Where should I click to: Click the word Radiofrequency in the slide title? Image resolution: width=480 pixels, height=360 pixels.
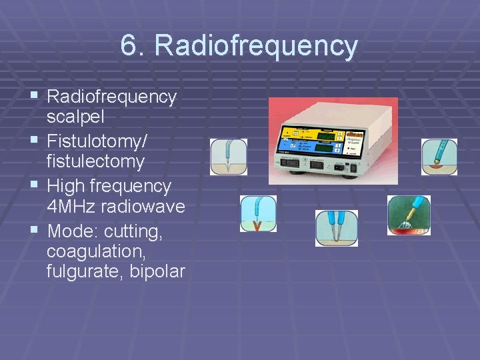pyautogui.click(x=256, y=46)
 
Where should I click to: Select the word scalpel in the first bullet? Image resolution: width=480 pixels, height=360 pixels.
pyautogui.click(x=75, y=117)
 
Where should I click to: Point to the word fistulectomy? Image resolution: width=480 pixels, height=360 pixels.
pyautogui.click(x=95, y=162)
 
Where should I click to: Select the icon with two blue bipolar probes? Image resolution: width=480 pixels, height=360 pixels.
pyautogui.click(x=337, y=228)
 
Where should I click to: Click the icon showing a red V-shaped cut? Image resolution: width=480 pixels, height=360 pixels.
pyautogui.click(x=258, y=214)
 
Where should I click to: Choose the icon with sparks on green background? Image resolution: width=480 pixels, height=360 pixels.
pyautogui.click(x=409, y=215)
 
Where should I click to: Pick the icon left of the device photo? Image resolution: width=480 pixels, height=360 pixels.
pyautogui.click(x=229, y=157)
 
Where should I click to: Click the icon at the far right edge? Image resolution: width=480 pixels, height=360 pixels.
pyautogui.click(x=439, y=157)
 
